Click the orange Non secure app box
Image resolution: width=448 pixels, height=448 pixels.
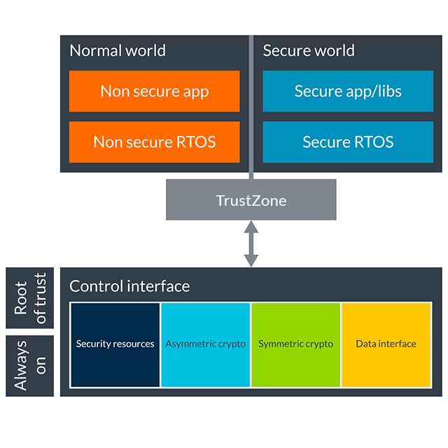[154, 91]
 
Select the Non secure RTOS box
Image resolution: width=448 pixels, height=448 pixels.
[154, 142]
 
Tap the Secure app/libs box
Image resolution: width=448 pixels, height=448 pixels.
[348, 91]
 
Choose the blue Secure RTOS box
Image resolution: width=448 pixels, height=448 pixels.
[348, 142]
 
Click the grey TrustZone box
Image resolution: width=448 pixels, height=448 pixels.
[251, 200]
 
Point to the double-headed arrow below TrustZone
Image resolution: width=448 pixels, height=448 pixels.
[251, 244]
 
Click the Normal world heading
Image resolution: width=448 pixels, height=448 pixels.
[118, 51]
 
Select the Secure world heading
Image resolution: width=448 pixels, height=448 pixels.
[309, 51]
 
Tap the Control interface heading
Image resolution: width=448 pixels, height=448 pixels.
[129, 286]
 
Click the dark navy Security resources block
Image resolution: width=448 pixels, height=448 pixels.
[115, 344]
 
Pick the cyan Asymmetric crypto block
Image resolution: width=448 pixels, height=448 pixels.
[206, 344]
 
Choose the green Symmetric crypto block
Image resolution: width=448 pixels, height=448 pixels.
[295, 344]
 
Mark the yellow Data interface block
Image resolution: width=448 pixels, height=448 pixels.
[386, 344]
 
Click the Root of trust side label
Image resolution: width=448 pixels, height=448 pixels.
[29, 297]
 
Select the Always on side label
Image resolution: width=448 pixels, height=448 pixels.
[29, 365]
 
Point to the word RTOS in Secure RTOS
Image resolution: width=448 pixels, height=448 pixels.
[373, 142]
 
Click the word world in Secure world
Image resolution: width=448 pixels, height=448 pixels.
[333, 51]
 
